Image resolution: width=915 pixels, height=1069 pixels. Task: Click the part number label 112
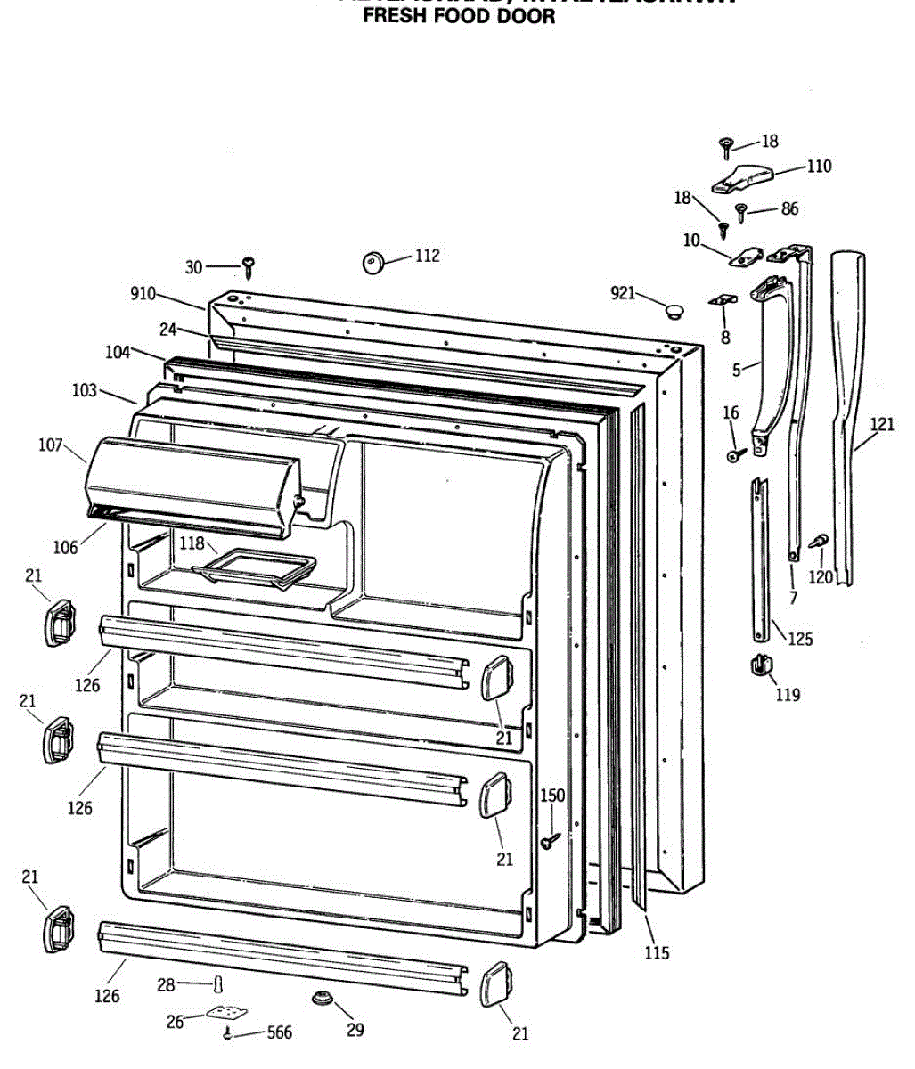(428, 256)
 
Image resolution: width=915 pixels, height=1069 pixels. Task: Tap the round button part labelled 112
(372, 262)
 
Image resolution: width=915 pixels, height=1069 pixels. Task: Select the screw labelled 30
(249, 265)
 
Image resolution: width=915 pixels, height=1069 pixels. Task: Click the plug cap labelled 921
(674, 311)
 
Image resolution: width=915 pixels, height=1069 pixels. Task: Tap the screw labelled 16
(735, 455)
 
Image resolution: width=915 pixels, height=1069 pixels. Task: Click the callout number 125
(799, 639)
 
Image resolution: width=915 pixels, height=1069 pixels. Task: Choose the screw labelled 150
(550, 838)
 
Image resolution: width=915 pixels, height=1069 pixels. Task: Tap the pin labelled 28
(216, 983)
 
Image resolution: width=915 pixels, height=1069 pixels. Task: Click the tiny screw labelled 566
(229, 1033)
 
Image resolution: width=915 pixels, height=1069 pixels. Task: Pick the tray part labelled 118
(256, 568)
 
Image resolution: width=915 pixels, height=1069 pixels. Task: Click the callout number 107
(50, 444)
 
